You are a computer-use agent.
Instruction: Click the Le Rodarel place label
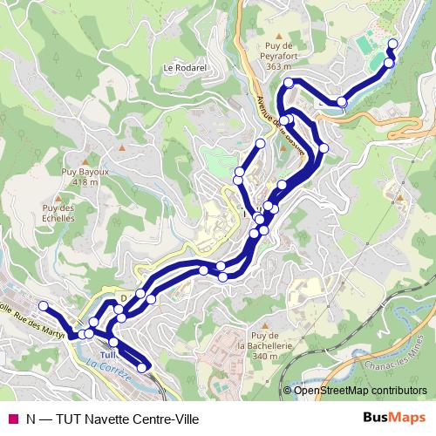[183, 66]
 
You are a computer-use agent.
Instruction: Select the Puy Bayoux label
[85, 173]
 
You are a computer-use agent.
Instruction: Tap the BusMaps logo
[394, 418]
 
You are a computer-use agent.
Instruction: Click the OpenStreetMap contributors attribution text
[359, 391]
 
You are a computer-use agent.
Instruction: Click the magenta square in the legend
[13, 419]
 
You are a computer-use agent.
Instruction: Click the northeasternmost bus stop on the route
[392, 44]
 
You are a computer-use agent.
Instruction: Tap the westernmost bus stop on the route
[43, 305]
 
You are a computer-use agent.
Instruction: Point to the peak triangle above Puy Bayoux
[85, 161]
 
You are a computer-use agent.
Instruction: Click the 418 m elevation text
[85, 183]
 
